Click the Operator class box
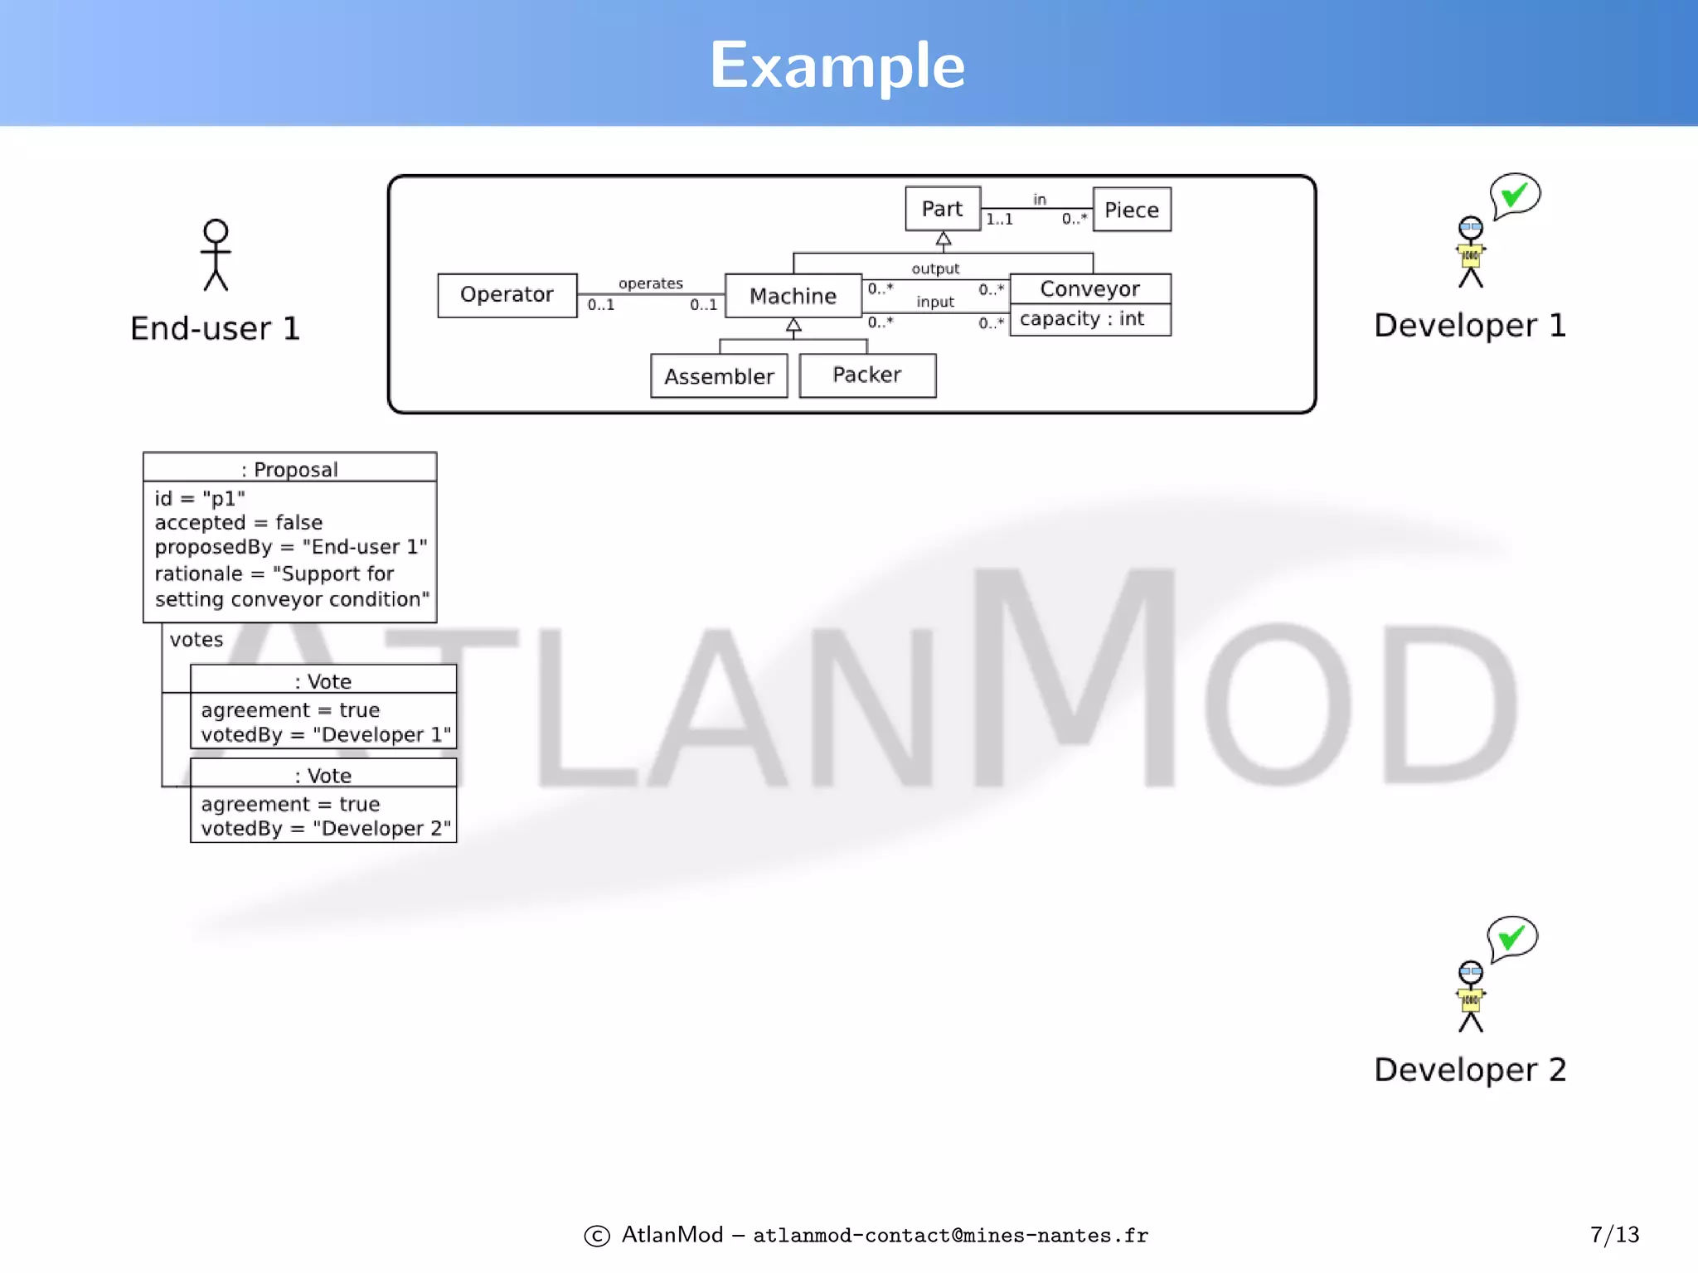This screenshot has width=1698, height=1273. [x=507, y=295]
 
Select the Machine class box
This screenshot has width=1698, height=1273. [x=793, y=296]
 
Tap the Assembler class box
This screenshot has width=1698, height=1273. [x=719, y=376]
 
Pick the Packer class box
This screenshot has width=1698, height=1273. [x=866, y=375]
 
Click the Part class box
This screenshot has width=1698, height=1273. [x=942, y=209]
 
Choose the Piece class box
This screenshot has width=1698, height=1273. [x=1131, y=210]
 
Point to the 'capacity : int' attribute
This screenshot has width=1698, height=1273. [x=1082, y=319]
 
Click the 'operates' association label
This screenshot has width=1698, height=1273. [x=651, y=283]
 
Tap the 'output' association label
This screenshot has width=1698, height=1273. [x=935, y=269]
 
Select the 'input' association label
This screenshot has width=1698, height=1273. [x=935, y=302]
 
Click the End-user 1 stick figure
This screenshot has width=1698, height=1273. [x=216, y=255]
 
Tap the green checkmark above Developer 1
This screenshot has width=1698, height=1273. [x=1514, y=195]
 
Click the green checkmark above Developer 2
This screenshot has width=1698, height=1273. [x=1511, y=938]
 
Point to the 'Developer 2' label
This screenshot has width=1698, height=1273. [x=1470, y=1069]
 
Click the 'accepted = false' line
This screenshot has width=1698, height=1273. [x=239, y=523]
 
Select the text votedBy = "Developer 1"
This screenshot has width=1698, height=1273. [x=326, y=734]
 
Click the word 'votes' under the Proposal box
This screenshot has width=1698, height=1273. [x=196, y=640]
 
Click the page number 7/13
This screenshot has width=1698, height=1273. [x=1614, y=1235]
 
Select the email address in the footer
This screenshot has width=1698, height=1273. [x=950, y=1236]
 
